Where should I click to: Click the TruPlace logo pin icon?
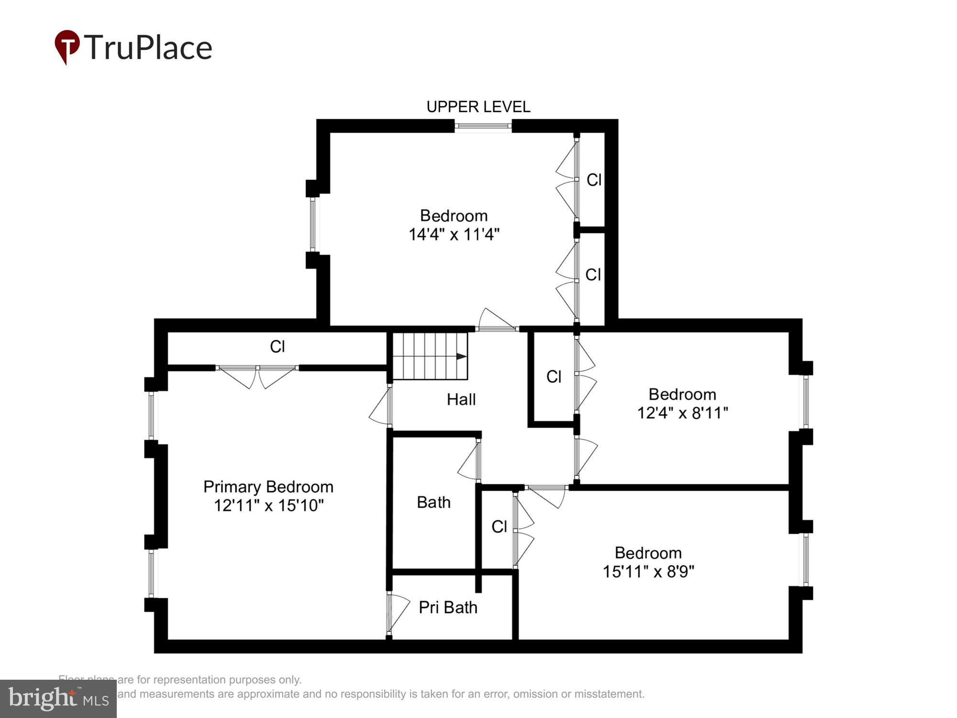coord(67,46)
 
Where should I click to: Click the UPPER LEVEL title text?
coord(478,107)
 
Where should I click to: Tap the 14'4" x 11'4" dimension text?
coord(454,235)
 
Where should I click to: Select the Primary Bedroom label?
coord(268,487)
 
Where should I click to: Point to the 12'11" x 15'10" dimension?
coord(268,505)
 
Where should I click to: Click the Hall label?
coord(461,399)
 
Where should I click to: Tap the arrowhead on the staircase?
coord(461,357)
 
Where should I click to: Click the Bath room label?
coord(434,502)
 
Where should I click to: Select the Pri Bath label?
coord(448,607)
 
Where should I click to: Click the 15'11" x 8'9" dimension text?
coord(648,572)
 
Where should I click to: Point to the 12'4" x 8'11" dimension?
coord(682,413)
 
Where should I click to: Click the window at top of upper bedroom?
coord(483,126)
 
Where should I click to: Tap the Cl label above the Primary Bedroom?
coord(278,347)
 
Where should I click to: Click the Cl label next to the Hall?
coord(554,377)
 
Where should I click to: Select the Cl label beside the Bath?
coord(499,527)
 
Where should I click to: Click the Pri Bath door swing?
coord(398,613)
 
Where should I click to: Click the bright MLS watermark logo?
coord(58,698)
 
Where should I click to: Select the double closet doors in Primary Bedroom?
coord(257,376)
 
